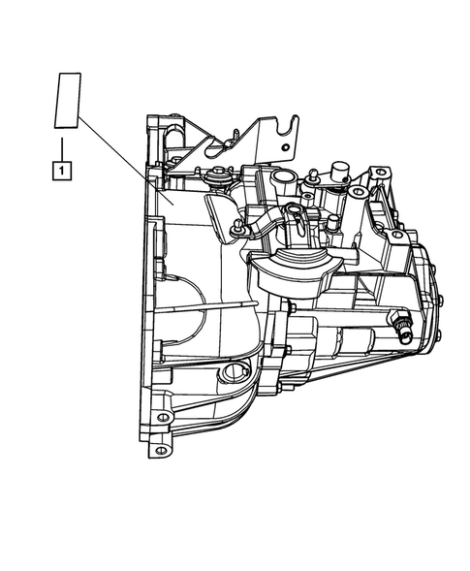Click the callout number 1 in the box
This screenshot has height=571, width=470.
[61, 172]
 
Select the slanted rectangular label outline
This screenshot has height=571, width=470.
[66, 100]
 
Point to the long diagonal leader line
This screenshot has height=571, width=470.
[121, 160]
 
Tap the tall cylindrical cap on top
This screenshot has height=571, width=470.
[341, 174]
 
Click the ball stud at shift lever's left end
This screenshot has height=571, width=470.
[235, 227]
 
